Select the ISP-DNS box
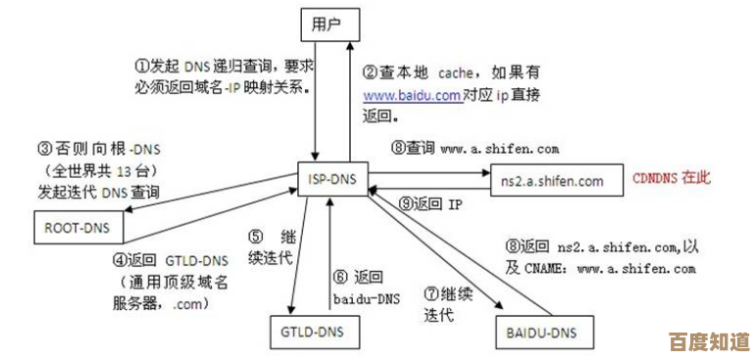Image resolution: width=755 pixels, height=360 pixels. (330, 179)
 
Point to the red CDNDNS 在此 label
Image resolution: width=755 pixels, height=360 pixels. (672, 178)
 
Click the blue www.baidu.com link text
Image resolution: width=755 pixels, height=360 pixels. (412, 96)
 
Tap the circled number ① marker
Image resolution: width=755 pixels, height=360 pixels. (140, 66)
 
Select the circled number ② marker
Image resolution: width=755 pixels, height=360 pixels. (370, 73)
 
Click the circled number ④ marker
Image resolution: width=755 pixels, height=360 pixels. (119, 260)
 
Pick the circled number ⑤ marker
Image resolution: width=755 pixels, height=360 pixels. (255, 236)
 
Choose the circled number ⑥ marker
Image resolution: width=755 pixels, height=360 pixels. (339, 277)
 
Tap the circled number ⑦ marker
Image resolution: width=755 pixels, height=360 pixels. (430, 293)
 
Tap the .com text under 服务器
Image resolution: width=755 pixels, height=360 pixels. (188, 304)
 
